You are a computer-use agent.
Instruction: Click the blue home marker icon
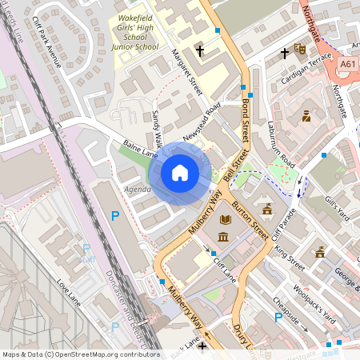180,173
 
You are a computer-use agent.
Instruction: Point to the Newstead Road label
201,123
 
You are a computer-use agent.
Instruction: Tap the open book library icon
225,218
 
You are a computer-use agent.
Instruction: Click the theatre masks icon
300,49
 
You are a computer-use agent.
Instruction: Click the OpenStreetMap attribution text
80,354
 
